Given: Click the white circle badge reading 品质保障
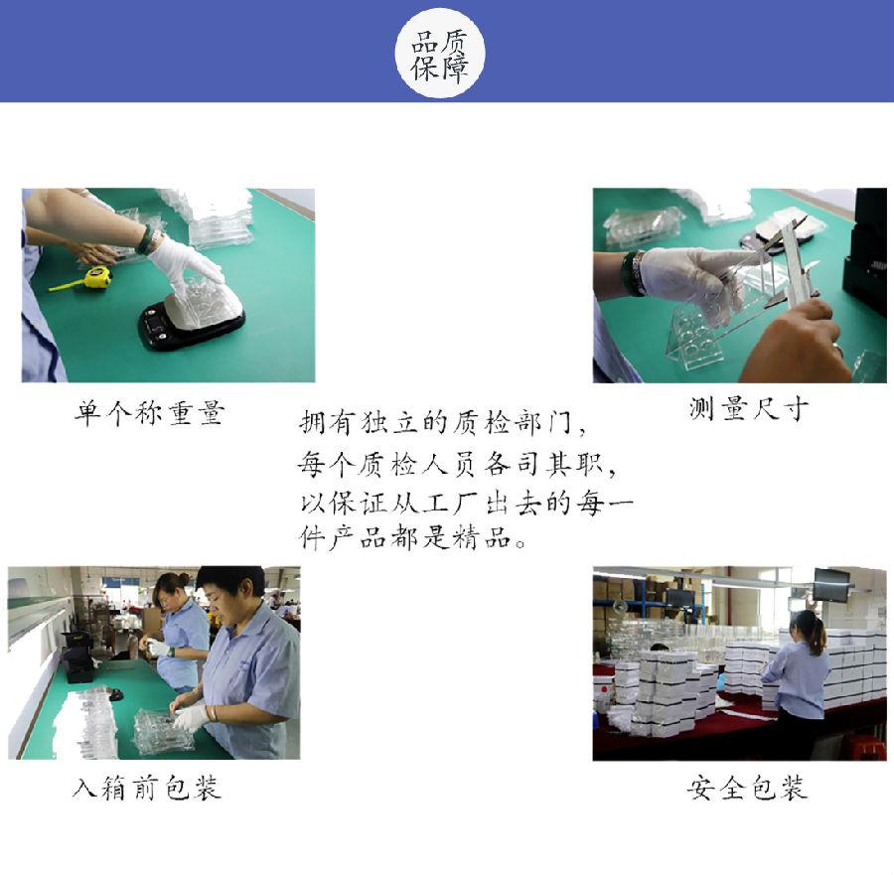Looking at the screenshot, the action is coord(440,53).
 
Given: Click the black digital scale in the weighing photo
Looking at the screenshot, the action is coord(191,324).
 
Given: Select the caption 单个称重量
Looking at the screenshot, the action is coord(149,413).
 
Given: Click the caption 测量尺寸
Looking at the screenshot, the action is coord(748,408).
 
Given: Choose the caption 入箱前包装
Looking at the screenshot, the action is coord(147,788).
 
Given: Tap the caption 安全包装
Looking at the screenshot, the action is coord(747,788).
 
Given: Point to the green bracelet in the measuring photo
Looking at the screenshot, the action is coord(633,272).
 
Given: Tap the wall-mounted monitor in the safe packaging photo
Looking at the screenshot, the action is coord(831,584).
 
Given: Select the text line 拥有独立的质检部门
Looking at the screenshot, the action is coord(441,423).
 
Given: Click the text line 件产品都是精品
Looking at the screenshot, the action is coord(412,537).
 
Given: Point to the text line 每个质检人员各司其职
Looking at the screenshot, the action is coord(456,464).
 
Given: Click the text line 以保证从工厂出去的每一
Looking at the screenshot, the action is coord(466,503).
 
